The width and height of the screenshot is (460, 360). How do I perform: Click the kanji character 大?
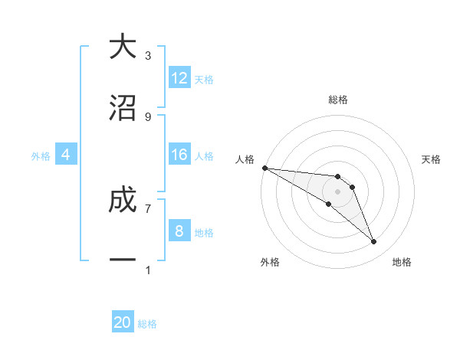[123, 47]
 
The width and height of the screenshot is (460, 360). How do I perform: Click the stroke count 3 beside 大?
[148, 56]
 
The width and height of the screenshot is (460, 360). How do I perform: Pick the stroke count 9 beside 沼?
[148, 116]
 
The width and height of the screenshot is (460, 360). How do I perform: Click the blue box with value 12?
[179, 78]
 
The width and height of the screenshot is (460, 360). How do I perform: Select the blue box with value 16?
[179, 155]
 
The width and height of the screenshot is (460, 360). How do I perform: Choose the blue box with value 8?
[179, 231]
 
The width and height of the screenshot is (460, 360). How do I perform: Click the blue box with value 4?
[66, 155]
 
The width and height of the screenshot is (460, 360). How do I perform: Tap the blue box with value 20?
[123, 322]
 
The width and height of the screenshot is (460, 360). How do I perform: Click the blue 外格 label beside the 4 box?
[41, 155]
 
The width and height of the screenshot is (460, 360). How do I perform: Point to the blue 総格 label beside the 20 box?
[147, 324]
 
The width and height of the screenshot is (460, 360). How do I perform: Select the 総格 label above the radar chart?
[338, 100]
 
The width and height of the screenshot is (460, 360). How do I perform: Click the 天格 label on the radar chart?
[432, 159]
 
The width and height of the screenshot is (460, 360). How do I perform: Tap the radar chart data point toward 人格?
[264, 167]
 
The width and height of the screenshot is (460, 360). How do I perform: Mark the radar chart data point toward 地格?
[374, 242]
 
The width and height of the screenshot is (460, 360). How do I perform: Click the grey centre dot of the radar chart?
[338, 191]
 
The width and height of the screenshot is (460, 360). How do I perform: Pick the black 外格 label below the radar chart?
[270, 262]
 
